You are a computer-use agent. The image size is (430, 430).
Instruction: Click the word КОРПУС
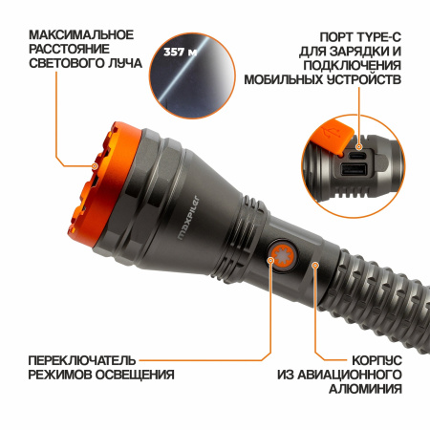[368, 359]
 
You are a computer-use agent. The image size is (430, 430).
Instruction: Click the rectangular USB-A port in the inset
[353, 172]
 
